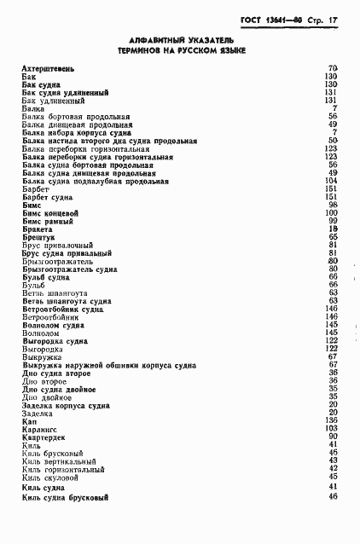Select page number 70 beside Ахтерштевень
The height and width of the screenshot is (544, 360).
tap(333, 67)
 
